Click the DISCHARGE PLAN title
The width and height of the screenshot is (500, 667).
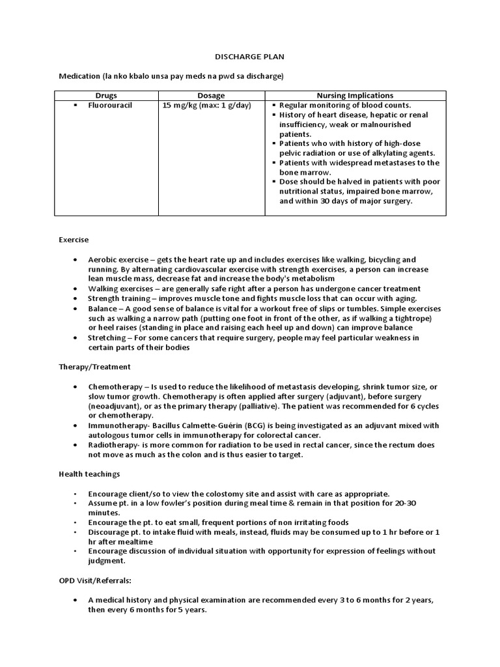pos(249,57)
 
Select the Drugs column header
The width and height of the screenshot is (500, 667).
pos(106,96)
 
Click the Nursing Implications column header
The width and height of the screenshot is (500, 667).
pos(355,96)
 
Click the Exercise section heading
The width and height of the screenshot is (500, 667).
pos(74,240)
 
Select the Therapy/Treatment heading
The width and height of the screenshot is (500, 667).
pos(95,367)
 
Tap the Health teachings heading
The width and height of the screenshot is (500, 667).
pos(89,474)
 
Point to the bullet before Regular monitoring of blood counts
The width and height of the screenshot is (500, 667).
pos(274,105)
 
